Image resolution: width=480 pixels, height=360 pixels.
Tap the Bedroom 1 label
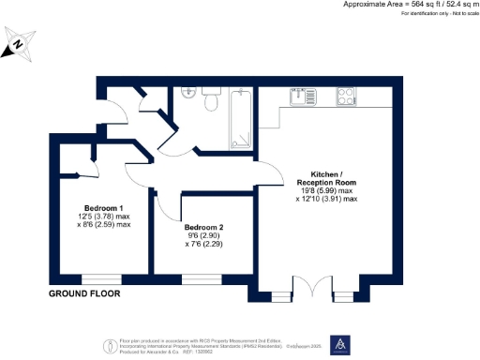point(104,207)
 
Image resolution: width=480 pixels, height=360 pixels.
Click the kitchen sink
point(302,96)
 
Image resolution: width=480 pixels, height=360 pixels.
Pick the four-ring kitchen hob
point(336,96)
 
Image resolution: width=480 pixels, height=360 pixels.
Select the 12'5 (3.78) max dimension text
point(103,217)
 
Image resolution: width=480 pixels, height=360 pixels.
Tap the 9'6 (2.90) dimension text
point(203,236)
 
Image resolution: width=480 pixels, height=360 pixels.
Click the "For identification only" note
point(413,14)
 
